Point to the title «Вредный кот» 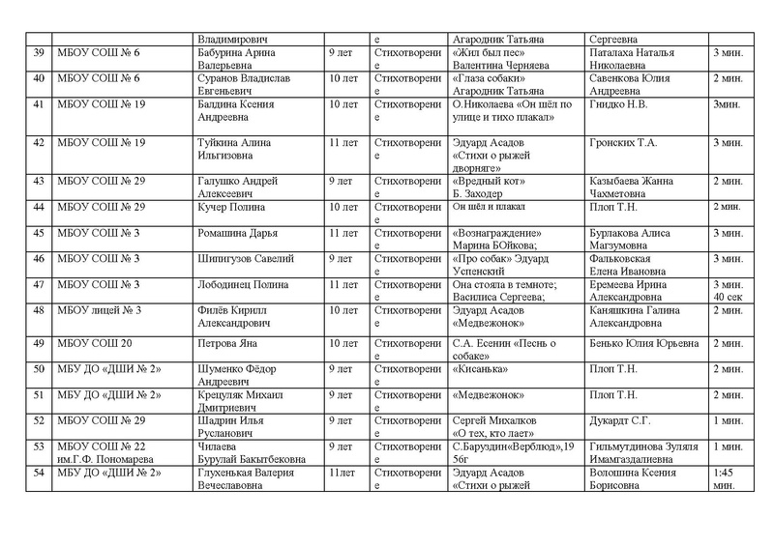point(488,181)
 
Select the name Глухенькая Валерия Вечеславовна point(254,477)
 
